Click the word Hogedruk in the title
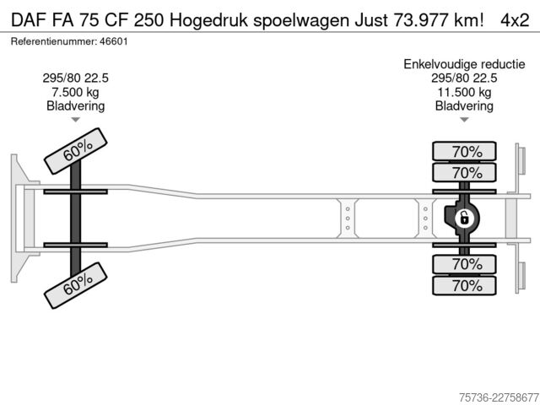coord(208,20)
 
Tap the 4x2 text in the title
coord(515,20)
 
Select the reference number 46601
coord(114,41)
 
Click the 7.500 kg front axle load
coord(75,92)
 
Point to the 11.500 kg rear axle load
coord(464,92)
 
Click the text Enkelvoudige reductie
coord(464,64)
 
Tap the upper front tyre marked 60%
coord(76,151)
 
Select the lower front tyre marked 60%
coord(76,285)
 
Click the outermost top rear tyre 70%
coord(464,151)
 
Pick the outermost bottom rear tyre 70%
coord(464,285)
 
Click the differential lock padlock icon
coord(464,219)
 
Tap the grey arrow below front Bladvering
coord(75,120)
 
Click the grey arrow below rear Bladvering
coord(464,120)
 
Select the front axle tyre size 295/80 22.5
coord(75,78)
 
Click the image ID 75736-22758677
coord(499,397)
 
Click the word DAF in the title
coord(29,20)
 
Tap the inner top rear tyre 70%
coord(464,172)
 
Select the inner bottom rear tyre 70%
coord(464,264)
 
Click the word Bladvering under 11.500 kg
coord(464,105)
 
